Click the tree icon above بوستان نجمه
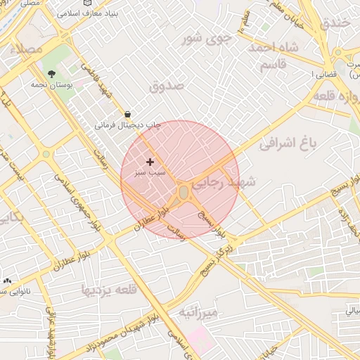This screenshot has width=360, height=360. pos(51,74)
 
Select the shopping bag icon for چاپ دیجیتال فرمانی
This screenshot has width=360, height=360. pos(127,114)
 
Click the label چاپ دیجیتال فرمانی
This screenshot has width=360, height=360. pos(128,125)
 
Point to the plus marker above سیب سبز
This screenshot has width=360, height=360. pos(149,162)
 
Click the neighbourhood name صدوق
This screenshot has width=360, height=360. pos(167,86)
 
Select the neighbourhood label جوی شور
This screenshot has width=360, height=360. pos(207,39)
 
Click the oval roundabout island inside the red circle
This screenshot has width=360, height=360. pos(183,192)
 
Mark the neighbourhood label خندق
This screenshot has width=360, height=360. pos(335,23)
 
